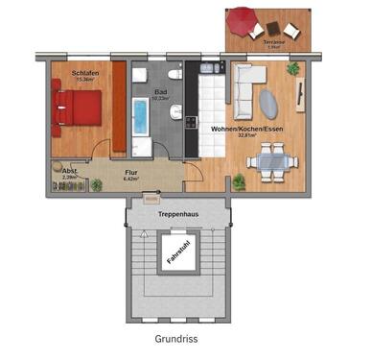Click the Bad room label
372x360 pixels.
coord(160,91)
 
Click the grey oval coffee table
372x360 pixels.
coord(272,102)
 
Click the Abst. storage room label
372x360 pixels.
coord(69,170)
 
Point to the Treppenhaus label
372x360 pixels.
coord(177,213)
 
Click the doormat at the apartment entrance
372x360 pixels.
coord(150,199)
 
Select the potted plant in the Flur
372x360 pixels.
coord(97,184)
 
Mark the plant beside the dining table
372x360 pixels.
coord(239,180)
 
